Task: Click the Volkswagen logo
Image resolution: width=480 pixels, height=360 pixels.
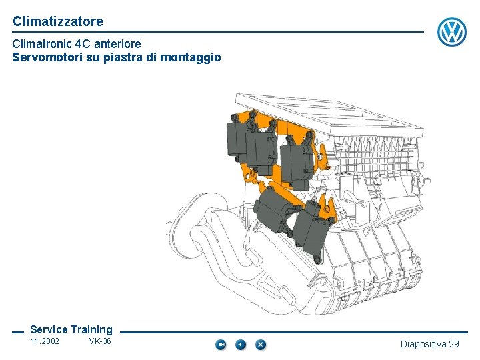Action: pyautogui.click(x=452, y=32)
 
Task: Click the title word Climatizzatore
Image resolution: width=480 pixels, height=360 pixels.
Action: pyautogui.click(x=58, y=21)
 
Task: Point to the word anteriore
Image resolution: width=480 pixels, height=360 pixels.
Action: pyautogui.click(x=119, y=44)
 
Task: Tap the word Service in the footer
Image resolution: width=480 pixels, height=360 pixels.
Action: pyautogui.click(x=49, y=329)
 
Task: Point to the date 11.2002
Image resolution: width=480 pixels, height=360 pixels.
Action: pyautogui.click(x=45, y=342)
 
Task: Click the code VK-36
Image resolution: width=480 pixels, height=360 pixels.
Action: pyautogui.click(x=100, y=342)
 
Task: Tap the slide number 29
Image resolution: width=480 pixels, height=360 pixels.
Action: pyautogui.click(x=454, y=344)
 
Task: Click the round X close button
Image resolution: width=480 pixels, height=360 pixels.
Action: pyautogui.click(x=261, y=345)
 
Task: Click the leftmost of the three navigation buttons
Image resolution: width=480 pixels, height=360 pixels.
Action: pyautogui.click(x=221, y=345)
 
